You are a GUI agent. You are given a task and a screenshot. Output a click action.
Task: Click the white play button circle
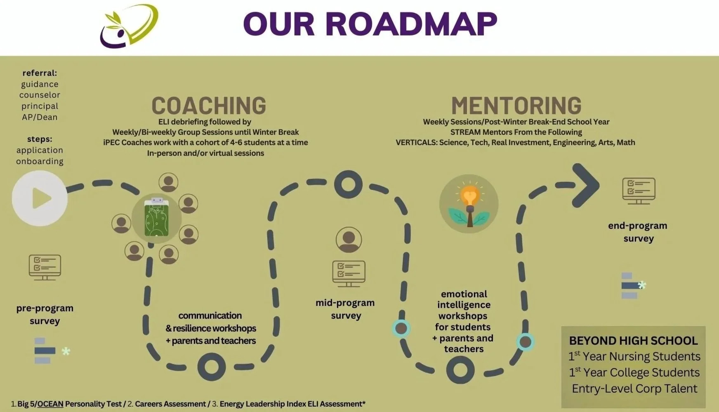pos(40,198)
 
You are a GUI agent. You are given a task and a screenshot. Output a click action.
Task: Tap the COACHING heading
pos(209,106)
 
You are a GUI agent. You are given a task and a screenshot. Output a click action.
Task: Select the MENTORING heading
pos(516,106)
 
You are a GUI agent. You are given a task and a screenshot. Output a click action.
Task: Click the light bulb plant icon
pos(469,204)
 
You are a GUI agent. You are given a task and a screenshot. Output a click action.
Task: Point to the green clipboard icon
pos(156,217)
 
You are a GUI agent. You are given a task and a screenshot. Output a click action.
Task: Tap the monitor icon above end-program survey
pos(639,191)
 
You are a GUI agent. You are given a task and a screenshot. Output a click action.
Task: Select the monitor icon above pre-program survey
pos(45,267)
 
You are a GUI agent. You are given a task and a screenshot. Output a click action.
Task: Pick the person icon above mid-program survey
pos(349,240)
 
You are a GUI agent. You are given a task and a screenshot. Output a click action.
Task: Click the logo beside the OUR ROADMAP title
pos(129,26)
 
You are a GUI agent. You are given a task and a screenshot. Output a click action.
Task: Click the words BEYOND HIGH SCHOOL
pos(633,341)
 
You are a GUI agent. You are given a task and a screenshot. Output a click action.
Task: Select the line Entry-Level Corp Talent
pos(634,388)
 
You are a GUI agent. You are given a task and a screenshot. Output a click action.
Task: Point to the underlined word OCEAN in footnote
pos(50,404)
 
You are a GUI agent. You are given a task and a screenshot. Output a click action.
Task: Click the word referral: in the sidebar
pos(40,73)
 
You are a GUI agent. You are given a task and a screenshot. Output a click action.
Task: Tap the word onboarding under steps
pos(40,161)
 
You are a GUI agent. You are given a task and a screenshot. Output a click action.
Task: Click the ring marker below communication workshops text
pos(212,367)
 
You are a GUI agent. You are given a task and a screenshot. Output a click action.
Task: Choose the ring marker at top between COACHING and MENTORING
pos(348,184)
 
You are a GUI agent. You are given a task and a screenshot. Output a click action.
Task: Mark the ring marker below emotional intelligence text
pos(460,370)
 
